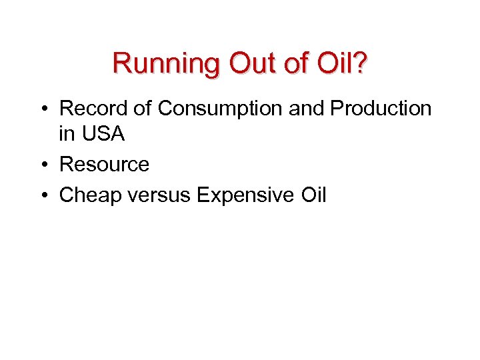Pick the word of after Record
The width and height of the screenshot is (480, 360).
pyautogui.click(x=145, y=109)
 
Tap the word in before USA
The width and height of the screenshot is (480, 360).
pyautogui.click(x=67, y=134)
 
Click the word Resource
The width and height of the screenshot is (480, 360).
pyautogui.click(x=104, y=164)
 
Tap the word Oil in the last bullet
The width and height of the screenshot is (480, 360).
pyautogui.click(x=311, y=195)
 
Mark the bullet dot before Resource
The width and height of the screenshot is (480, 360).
pyautogui.click(x=43, y=165)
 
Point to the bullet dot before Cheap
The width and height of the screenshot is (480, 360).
pyautogui.click(x=43, y=196)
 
